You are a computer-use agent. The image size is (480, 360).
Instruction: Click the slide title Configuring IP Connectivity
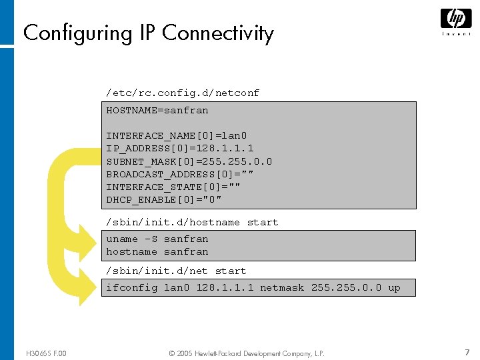[x=148, y=33]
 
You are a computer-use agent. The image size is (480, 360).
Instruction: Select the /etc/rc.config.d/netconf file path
[x=182, y=93]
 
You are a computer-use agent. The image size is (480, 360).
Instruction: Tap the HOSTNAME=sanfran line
[x=157, y=111]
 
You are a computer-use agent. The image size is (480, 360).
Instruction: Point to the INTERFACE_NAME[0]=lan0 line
[x=177, y=136]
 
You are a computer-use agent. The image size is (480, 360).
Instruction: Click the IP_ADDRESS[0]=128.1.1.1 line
[x=180, y=149]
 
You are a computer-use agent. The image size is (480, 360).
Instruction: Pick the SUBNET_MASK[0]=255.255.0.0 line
[x=189, y=161]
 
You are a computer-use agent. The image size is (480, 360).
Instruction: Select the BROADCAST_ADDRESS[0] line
[x=180, y=174]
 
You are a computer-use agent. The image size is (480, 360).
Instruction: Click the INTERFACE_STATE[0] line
[x=173, y=187]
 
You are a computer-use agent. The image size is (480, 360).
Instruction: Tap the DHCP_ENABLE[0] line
[x=164, y=199]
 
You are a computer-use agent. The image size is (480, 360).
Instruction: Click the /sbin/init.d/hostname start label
[x=192, y=222]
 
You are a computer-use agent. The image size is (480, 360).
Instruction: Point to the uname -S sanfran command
[x=157, y=239]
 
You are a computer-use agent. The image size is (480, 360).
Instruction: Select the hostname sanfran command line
[x=157, y=251]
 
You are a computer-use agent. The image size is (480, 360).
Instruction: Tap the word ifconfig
[x=132, y=288]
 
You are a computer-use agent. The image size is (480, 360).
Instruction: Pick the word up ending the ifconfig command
[x=394, y=288]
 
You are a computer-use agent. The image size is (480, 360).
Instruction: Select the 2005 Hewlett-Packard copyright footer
[x=247, y=353]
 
